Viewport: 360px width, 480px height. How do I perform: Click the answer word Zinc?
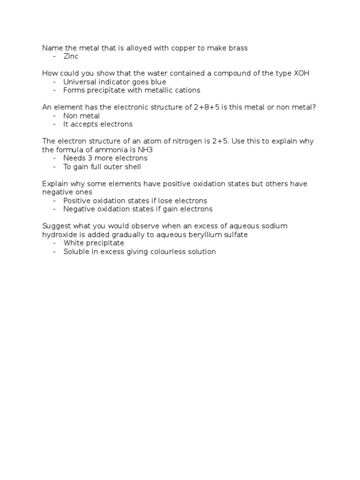(x=71, y=56)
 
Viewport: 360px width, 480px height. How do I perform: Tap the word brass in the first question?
(x=238, y=48)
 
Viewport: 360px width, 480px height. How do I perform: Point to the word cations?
(x=187, y=90)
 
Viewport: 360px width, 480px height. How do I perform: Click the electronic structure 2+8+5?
(x=207, y=107)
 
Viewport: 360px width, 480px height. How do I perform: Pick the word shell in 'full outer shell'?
(x=132, y=166)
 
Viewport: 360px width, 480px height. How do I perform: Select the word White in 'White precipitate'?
(x=73, y=243)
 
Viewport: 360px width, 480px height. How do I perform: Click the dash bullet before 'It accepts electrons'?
(x=55, y=124)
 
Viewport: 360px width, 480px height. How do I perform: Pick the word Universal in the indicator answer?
(x=80, y=82)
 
